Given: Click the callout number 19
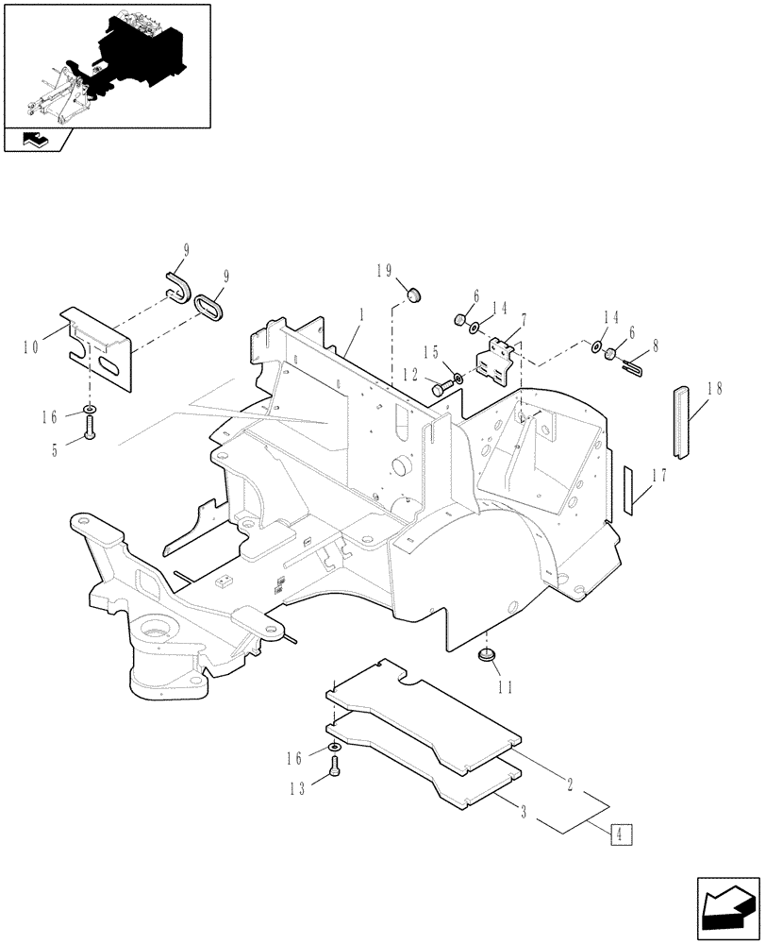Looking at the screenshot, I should [x=384, y=271].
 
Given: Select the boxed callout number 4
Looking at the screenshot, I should [x=622, y=834].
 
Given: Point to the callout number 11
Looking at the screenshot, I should [x=506, y=688].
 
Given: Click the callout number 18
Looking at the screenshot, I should [x=713, y=389].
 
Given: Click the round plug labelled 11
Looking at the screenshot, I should [x=489, y=654].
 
